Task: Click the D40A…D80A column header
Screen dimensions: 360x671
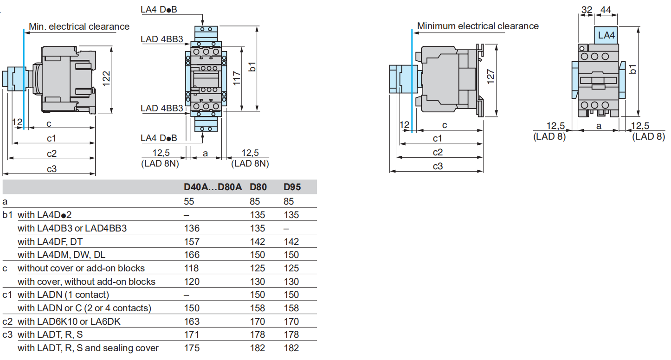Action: click(213, 187)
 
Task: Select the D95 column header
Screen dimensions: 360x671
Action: click(292, 187)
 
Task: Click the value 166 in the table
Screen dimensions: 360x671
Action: click(192, 255)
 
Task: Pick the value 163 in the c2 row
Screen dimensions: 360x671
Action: click(192, 321)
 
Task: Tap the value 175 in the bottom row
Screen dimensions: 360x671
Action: click(192, 348)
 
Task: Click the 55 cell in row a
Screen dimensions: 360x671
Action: click(189, 201)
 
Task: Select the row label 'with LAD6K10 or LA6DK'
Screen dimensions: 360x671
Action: click(69, 321)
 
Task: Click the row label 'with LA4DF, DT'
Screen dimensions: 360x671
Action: click(50, 242)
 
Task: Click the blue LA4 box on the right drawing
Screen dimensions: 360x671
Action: click(606, 35)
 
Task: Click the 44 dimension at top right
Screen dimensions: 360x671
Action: click(606, 9)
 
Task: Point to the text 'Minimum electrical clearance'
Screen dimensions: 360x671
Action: click(478, 26)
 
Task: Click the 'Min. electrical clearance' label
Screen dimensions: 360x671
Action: click(79, 26)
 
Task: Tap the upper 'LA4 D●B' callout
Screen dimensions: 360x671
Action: click(159, 9)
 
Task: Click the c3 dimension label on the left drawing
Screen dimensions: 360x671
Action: click(52, 169)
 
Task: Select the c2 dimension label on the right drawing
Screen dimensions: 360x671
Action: click(438, 152)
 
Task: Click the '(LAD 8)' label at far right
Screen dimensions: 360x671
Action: click(649, 136)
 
